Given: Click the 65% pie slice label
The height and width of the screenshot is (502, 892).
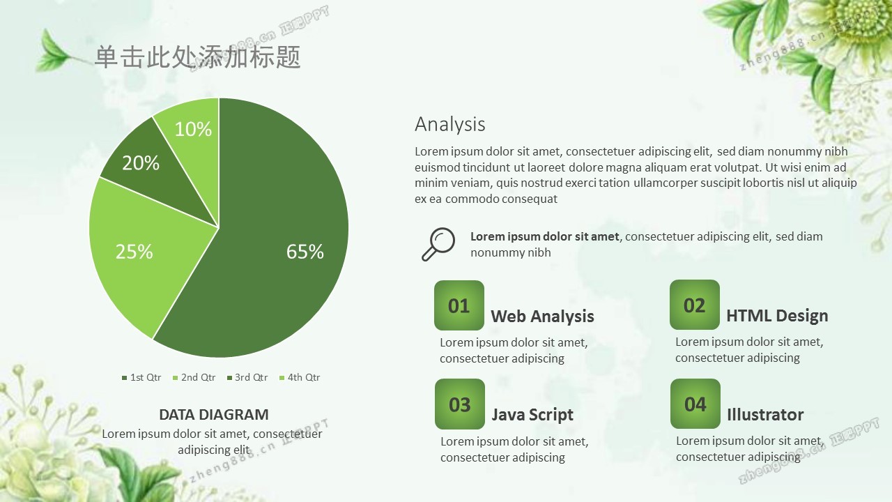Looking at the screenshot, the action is click(305, 252).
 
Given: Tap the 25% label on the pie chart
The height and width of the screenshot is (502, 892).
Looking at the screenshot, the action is click(134, 252).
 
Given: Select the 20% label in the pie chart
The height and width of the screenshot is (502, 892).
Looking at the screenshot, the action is click(141, 163).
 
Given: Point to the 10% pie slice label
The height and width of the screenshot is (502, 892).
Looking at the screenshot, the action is click(193, 129).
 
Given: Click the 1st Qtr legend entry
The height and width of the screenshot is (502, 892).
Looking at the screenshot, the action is click(141, 377).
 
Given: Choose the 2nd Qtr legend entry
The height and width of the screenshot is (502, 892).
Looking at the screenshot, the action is click(194, 377).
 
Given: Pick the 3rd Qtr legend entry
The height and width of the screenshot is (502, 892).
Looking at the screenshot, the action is click(247, 377).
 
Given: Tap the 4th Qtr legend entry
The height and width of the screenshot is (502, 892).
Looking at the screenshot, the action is click(300, 377).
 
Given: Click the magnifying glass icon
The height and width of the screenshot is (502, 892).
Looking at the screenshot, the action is click(438, 244).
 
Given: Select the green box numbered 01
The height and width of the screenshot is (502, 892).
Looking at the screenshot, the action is click(459, 305).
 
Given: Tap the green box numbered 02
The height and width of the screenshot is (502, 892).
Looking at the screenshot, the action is click(695, 305).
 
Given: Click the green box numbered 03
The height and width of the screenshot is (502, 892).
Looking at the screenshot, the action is click(460, 404).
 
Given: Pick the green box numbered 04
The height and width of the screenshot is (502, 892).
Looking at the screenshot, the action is click(695, 404).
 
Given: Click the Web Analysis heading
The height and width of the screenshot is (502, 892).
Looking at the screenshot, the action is click(542, 317).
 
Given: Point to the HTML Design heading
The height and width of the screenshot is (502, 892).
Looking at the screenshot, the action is click(777, 316).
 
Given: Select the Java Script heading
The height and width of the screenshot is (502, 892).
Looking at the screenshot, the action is click(532, 415).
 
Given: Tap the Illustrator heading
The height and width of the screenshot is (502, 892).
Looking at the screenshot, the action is click(765, 414).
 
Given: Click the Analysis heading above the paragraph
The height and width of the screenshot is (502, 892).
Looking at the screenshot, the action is click(450, 124).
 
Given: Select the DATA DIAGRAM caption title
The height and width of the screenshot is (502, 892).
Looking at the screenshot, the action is click(214, 415).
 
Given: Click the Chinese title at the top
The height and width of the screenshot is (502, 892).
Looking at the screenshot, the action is click(197, 56).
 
